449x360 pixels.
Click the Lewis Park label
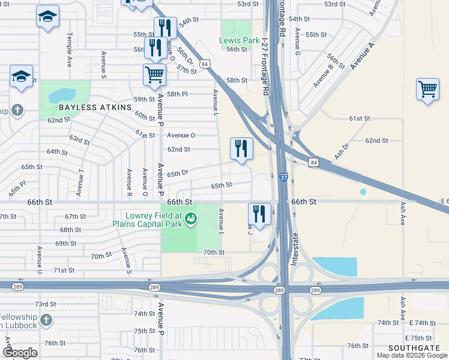point(240,41)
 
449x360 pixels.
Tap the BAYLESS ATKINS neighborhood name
point(95,107)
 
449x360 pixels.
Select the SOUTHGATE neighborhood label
point(414,348)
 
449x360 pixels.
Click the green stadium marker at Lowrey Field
point(190,219)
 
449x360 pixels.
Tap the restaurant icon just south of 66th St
point(259,214)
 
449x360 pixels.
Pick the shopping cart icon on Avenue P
point(154,75)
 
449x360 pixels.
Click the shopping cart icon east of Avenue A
point(427,89)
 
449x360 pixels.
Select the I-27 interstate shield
point(283,178)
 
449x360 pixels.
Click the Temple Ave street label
point(70,49)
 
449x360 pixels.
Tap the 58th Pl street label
point(177,94)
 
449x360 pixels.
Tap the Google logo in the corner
point(20,353)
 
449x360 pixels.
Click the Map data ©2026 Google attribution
point(412,355)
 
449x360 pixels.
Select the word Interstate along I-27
point(294,249)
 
